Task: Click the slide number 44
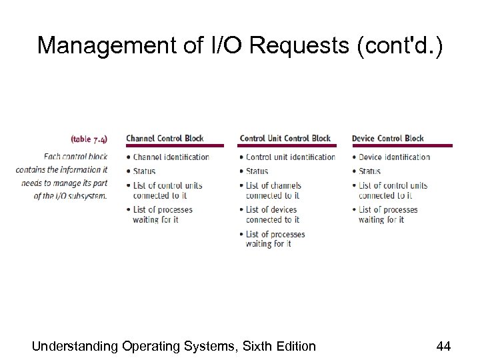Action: [443, 345]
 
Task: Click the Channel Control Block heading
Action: [165, 139]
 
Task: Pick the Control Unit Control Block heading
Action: [285, 139]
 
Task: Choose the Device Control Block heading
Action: [387, 139]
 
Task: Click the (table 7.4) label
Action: [89, 139]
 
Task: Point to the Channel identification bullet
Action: [171, 157]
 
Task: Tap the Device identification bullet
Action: [394, 157]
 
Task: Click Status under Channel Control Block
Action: [144, 171]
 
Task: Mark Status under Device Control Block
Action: [369, 171]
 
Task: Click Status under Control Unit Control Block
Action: [257, 171]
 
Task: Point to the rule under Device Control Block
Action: [402, 146]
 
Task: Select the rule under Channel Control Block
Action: [176, 146]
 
